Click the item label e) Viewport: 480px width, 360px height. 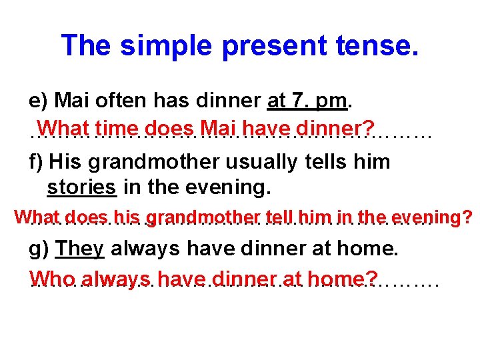[39, 101]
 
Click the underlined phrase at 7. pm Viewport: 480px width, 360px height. [307, 101]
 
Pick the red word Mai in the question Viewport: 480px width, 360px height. [219, 127]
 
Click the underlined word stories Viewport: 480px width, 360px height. [82, 188]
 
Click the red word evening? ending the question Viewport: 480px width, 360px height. [432, 218]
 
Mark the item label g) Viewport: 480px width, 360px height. [39, 249]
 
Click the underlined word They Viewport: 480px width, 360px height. [80, 249]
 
